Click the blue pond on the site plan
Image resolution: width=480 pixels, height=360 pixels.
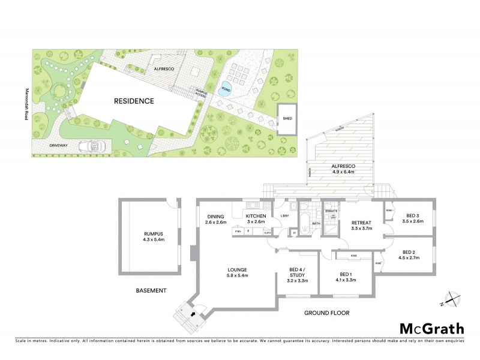[x=226, y=88]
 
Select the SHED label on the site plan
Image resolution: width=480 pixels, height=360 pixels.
[x=286, y=118]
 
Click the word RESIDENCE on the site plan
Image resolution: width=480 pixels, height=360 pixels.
[x=134, y=101]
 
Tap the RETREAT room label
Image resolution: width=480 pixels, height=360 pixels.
[x=362, y=222]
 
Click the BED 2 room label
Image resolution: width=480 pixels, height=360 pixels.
[x=410, y=252]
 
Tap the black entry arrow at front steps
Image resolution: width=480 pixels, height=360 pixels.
[x=192, y=313]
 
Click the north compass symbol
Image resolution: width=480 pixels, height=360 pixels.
[x=451, y=298]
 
